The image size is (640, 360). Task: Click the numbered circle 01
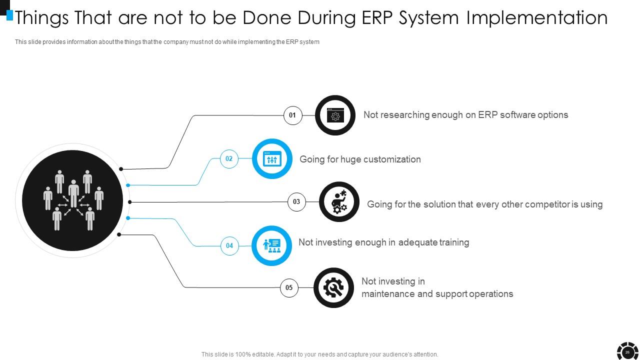292,115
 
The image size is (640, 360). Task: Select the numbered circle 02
229,159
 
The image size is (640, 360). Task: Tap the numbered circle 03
296,201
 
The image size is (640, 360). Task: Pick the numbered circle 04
229,245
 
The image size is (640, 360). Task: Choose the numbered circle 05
289,287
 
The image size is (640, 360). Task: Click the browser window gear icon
335,115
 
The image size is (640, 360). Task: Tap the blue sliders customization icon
272,159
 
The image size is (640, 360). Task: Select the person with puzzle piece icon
339,201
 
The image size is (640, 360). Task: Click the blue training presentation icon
271,245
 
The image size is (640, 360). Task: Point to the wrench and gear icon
333,287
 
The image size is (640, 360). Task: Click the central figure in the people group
73,193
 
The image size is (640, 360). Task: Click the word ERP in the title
377,17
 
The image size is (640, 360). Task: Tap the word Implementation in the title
537,17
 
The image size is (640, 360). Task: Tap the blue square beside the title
9,15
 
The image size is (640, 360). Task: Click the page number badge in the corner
627,352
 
